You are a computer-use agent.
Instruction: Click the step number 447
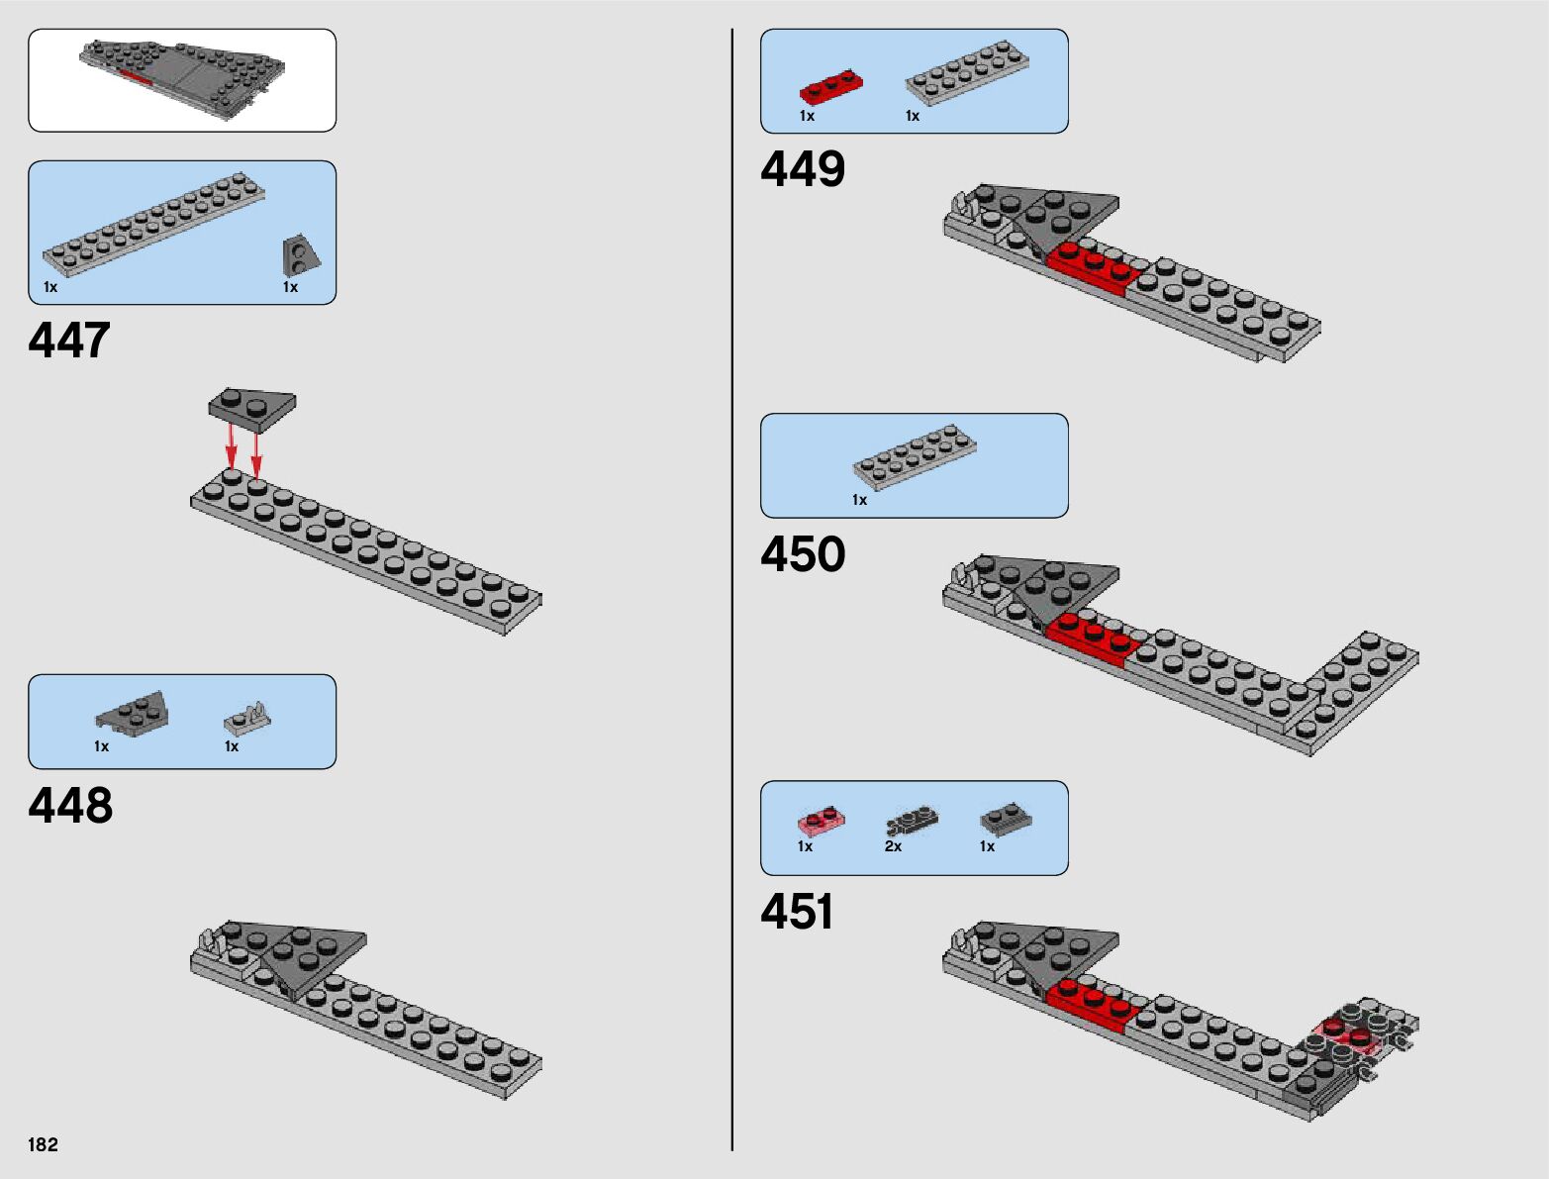[69, 341]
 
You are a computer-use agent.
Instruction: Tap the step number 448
[70, 806]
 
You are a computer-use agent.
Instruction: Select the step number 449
[803, 169]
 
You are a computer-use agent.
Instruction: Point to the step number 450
[803, 554]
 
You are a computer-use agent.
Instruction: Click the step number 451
[797, 912]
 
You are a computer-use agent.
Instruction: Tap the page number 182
[44, 1145]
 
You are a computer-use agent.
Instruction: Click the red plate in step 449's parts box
[830, 87]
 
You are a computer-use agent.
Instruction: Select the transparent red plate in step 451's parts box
[822, 821]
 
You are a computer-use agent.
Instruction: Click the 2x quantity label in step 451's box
[893, 846]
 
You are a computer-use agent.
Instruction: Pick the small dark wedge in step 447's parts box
[300, 255]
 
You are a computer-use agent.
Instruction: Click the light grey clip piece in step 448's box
[246, 717]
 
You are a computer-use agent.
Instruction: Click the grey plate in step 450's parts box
[915, 456]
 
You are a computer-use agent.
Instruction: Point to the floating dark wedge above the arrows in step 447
[251, 407]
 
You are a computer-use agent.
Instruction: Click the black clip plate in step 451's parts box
[911, 821]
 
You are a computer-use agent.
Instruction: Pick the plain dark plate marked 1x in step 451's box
[1006, 818]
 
